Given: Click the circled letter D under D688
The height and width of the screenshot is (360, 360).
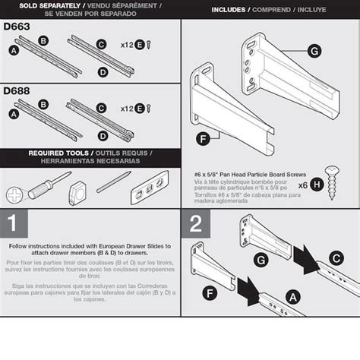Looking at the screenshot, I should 103,134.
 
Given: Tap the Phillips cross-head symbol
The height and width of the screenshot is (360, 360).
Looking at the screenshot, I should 14,194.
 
